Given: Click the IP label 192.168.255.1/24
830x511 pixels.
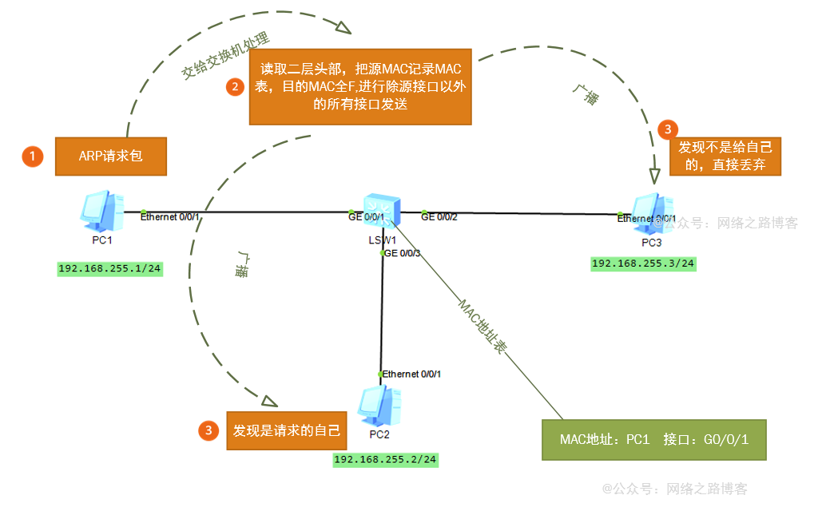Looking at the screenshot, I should point(110,269).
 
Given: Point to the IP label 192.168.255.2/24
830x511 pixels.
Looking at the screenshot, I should point(386,459).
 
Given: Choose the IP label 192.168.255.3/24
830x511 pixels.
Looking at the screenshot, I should point(643,263).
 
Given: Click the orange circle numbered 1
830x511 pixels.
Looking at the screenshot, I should point(32,156).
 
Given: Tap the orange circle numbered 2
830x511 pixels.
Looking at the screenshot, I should point(234,87).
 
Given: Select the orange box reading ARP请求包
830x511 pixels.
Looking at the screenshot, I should point(110,156).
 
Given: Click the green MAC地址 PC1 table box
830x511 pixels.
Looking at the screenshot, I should point(653,440).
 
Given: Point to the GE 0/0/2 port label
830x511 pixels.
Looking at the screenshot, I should point(439,216).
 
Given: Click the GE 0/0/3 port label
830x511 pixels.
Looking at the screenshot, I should point(402,253).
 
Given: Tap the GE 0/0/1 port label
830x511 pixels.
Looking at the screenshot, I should point(366,216).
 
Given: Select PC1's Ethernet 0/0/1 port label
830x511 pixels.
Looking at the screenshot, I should point(169,216).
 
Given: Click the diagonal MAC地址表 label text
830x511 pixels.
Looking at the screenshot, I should point(483,327).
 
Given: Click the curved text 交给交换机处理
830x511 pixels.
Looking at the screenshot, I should point(225,57).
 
